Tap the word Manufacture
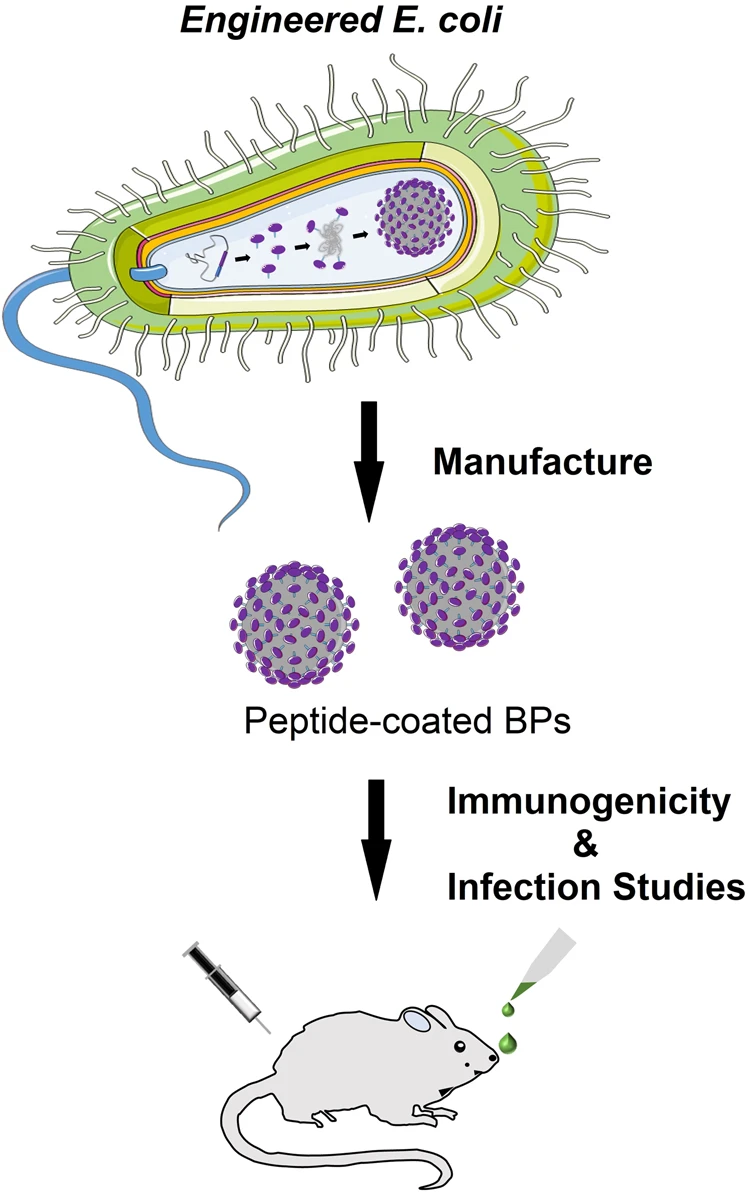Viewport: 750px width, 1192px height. coord(542,463)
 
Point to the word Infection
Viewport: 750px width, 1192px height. coord(517,888)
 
